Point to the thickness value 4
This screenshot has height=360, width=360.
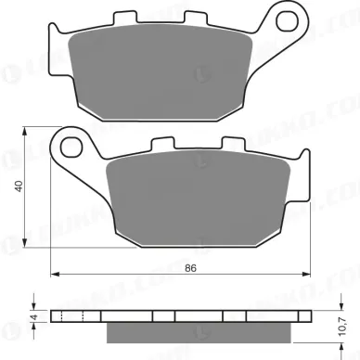tap(33, 316)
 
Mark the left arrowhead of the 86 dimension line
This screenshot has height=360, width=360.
tap(55, 275)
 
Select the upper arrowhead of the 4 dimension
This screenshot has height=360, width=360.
tap(33, 306)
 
